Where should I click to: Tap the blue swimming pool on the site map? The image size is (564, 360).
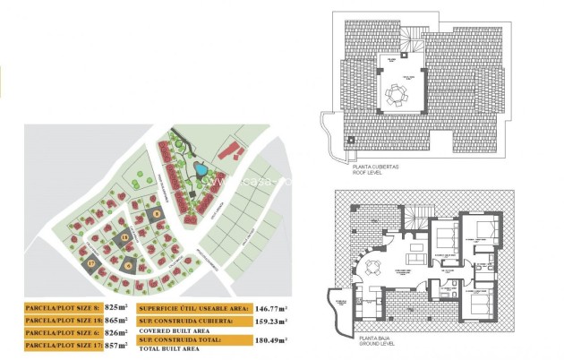tap(202, 167)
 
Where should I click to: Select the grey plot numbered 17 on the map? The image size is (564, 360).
tap(92, 263)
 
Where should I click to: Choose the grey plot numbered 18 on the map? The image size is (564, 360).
tap(125, 238)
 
